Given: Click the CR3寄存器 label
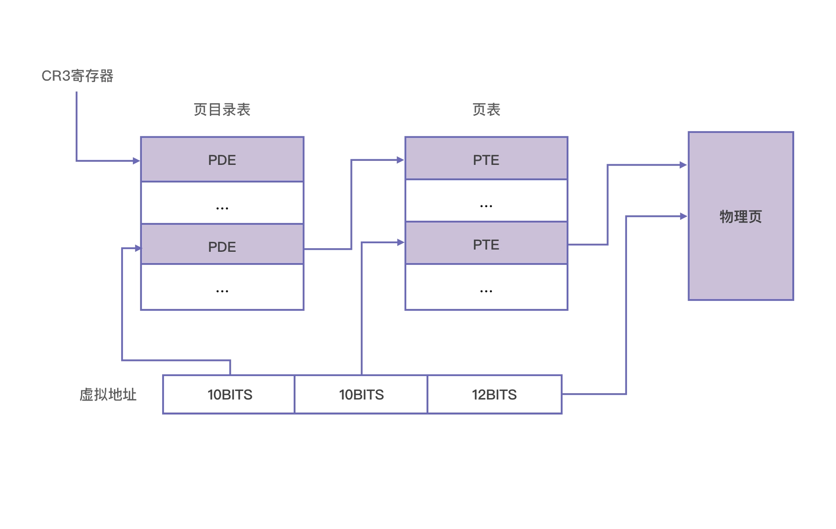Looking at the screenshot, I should tap(77, 76).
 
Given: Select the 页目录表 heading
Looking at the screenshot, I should tap(222, 110).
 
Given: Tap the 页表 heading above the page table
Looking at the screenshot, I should tap(486, 110).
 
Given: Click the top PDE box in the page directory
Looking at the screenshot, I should tap(222, 160).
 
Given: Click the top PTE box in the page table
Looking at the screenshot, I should tap(486, 159).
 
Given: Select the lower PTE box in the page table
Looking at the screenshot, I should tap(486, 244).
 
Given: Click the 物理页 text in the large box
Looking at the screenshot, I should tap(740, 216).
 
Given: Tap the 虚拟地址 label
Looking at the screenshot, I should tap(108, 394).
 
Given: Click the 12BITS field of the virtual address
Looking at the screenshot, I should tap(494, 394).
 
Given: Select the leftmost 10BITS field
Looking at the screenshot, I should tap(229, 394).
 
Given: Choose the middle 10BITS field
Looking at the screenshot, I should tap(361, 394).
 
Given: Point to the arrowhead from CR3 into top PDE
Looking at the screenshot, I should tap(136, 161).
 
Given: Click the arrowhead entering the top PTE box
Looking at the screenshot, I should tap(400, 160).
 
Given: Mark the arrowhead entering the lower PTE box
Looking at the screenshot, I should tap(400, 242).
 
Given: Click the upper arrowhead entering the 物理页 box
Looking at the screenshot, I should tap(683, 165).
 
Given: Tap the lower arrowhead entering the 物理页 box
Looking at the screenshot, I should tap(683, 216).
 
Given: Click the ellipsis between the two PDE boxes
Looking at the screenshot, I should tap(222, 208).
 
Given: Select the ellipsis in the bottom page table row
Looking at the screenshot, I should tap(486, 290).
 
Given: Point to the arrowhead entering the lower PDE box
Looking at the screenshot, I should tap(138, 248).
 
